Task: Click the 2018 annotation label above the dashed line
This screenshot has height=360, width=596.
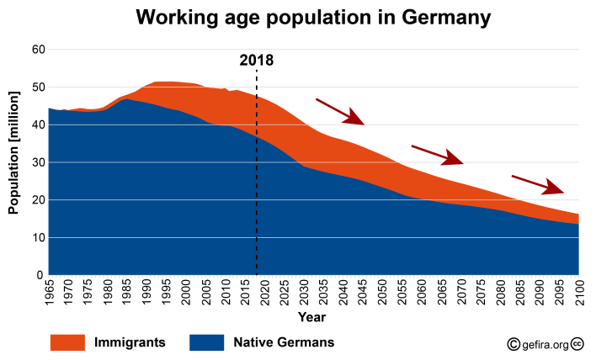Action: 257,61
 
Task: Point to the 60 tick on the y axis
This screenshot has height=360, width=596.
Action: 38,50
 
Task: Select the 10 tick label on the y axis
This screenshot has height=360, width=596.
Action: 38,237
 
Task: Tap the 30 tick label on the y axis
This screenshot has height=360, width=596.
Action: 38,162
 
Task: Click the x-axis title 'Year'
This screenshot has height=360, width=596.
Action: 313,317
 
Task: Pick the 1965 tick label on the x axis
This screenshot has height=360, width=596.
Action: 50,293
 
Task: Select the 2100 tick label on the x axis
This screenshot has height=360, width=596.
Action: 579,293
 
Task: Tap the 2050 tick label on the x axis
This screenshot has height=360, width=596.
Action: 383,293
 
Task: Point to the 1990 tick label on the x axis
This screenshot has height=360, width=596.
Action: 148,293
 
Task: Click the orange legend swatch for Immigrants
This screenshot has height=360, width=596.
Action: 68,342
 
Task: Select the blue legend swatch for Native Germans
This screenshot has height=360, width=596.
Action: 206,342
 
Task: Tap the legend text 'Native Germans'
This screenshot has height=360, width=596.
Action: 284,342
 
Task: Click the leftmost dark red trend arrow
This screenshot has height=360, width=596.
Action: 340,111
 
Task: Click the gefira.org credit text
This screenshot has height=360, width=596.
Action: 545,343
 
